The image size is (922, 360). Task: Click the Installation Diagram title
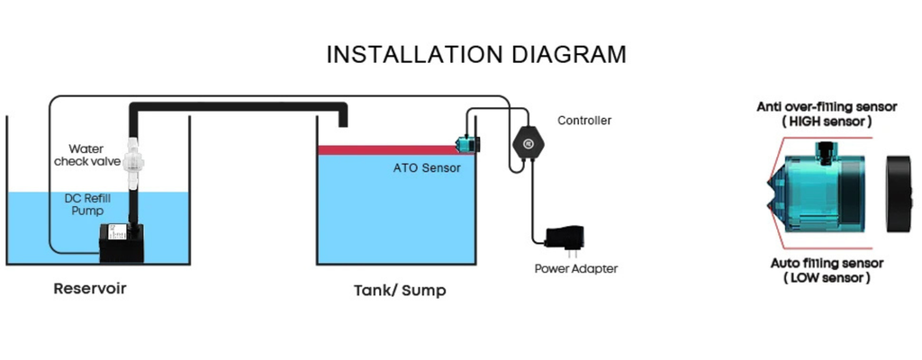[x=475, y=55]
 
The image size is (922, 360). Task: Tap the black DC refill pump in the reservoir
[x=118, y=240]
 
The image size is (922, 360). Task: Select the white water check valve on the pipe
[x=136, y=159]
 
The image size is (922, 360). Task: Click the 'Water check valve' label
[x=91, y=154]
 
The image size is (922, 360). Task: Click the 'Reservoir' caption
[x=90, y=290]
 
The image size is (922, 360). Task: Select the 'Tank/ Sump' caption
[x=399, y=291]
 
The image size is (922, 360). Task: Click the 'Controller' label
[x=584, y=120]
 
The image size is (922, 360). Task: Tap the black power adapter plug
[x=565, y=238]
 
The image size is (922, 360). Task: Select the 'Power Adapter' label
[x=576, y=268]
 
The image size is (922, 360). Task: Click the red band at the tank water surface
[x=387, y=149]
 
